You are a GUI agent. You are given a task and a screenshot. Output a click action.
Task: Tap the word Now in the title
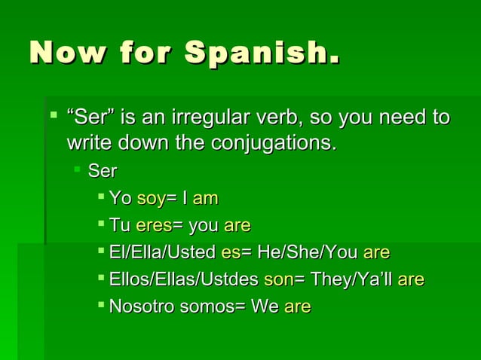pyautogui.click(x=63, y=53)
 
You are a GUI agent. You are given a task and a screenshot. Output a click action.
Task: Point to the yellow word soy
pyautogui.click(x=150, y=199)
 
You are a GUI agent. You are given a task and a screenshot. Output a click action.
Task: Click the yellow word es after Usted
pyautogui.click(x=230, y=253)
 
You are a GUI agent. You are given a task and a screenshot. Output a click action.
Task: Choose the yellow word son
pyautogui.click(x=278, y=280)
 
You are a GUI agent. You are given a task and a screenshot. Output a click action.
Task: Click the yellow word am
pyautogui.click(x=205, y=199)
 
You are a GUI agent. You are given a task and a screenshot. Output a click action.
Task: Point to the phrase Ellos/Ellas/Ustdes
pyautogui.click(x=184, y=280)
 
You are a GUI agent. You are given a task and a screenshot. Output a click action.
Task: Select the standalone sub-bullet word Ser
pyautogui.click(x=103, y=172)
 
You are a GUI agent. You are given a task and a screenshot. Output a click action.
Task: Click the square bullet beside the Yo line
pyautogui.click(x=101, y=197)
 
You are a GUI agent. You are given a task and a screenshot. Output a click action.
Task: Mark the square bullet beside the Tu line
pyautogui.click(x=101, y=224)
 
